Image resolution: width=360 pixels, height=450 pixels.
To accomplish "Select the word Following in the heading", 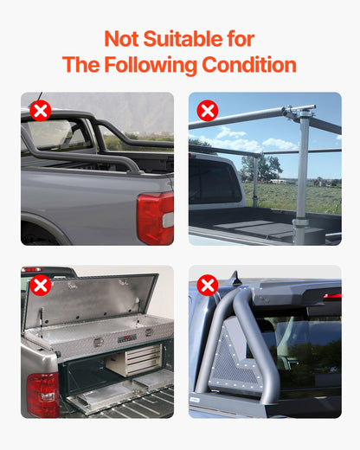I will pos(152,66).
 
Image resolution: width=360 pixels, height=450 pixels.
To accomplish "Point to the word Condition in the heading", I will pos(249,66).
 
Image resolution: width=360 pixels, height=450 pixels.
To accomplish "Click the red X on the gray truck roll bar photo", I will pos(40,111).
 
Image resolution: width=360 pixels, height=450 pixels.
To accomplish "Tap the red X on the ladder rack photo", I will pos(207,111).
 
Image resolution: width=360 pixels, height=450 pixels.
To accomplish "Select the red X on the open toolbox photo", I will pos(40,286).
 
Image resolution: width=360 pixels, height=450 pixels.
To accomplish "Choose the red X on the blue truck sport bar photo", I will pos(207,286).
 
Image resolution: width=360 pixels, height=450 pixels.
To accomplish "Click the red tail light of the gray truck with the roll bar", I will pos(155,218).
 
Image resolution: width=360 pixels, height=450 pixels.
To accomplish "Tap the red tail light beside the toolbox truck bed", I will pos(42,394).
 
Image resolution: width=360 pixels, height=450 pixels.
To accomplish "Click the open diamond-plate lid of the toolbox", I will pos(91,299).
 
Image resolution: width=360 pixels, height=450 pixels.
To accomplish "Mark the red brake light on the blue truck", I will pos(331,296).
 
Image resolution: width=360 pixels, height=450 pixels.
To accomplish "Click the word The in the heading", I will pos(81,66).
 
